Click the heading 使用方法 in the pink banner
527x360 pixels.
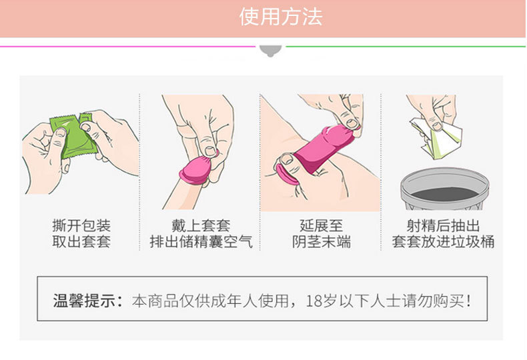click(x=281, y=17)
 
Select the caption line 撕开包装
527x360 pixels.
click(x=81, y=226)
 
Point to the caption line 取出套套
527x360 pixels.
click(x=81, y=242)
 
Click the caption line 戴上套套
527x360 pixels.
click(x=201, y=226)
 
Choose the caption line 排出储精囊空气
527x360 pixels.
click(x=201, y=242)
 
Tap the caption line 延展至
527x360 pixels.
click(x=322, y=226)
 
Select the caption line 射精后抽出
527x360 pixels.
click(x=443, y=226)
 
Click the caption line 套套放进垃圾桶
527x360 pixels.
click(x=443, y=242)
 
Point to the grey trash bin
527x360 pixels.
click(x=444, y=189)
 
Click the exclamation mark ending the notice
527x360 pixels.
click(x=468, y=301)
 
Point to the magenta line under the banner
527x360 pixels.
click(x=127, y=47)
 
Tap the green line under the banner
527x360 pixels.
click(x=406, y=47)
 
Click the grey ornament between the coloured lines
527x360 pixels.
click(x=271, y=51)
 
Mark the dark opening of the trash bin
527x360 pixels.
click(x=444, y=194)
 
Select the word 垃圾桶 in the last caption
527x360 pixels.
click(x=472, y=242)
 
